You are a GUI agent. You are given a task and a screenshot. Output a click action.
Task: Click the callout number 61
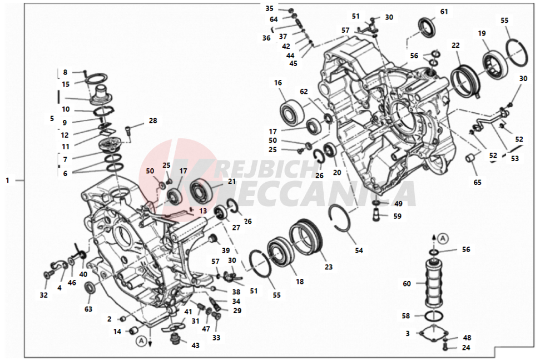pyautogui.click(x=444, y=12)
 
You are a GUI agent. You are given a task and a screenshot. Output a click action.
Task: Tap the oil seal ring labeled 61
pyautogui.click(x=428, y=26)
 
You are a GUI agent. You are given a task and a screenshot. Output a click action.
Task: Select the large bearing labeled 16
pyautogui.click(x=292, y=111)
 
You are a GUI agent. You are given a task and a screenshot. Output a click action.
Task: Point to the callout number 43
pyautogui.click(x=195, y=345)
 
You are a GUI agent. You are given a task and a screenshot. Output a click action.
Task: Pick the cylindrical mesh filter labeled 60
pyautogui.click(x=435, y=284)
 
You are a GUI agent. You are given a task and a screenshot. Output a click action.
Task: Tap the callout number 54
pyautogui.click(x=359, y=250)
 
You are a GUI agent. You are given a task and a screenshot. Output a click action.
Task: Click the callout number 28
pyautogui.click(x=153, y=121)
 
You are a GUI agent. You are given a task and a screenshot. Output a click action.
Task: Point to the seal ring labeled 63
pyautogui.click(x=90, y=287)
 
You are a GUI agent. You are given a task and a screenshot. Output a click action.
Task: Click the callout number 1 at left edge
pyautogui.click(x=7, y=180)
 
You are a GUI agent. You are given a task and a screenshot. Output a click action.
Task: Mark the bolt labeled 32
pyautogui.click(x=47, y=274)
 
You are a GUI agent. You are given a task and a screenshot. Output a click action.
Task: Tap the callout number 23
pyautogui.click(x=329, y=267)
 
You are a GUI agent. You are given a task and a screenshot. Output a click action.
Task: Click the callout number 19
pyautogui.click(x=482, y=33)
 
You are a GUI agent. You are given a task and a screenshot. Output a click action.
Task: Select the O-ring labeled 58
pyautogui.click(x=434, y=315)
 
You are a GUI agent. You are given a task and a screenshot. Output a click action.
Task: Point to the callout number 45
pyautogui.click(x=293, y=64)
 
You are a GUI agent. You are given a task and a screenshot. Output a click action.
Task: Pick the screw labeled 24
pyautogui.click(x=445, y=347)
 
